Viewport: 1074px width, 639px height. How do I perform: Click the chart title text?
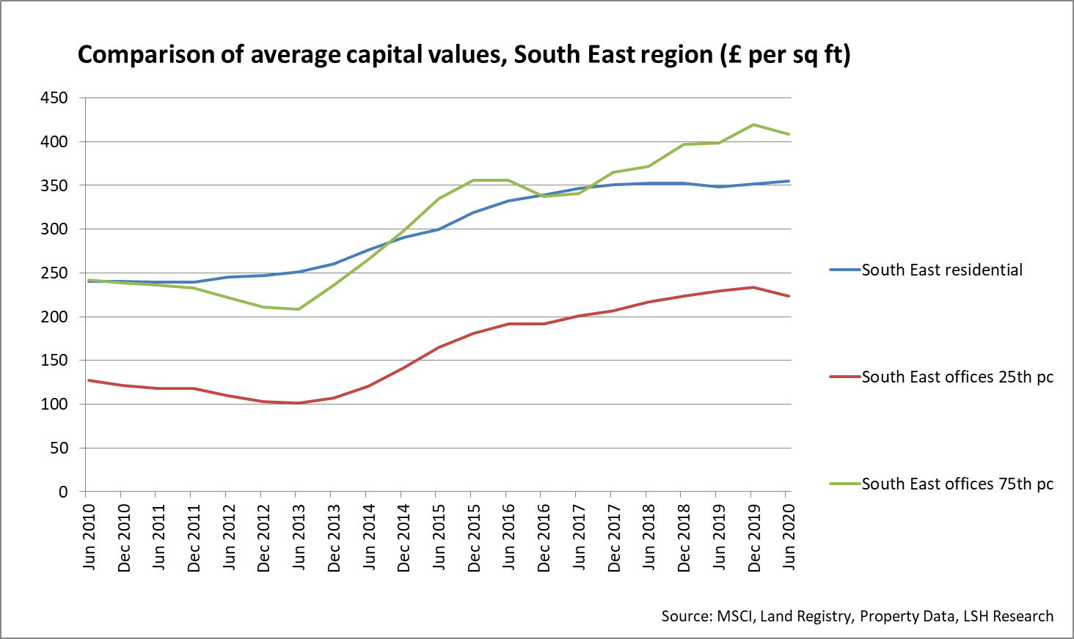[x=464, y=55]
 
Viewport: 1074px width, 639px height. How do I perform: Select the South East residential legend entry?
[x=941, y=270]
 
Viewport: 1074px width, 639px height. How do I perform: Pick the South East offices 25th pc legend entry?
[x=957, y=377]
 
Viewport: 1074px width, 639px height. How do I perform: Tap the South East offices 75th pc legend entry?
[x=957, y=484]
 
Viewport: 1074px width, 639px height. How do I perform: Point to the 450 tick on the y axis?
[x=54, y=98]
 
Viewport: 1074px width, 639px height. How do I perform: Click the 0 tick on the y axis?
[x=63, y=492]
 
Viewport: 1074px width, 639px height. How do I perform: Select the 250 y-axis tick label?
[x=54, y=273]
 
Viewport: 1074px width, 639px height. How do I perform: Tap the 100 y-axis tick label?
[x=54, y=405]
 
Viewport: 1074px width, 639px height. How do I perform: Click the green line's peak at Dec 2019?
[x=753, y=125]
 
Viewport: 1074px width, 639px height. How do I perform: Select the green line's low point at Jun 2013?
[x=299, y=309]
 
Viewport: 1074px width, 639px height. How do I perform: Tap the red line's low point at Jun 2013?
[x=299, y=403]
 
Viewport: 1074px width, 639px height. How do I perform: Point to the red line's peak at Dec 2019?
[x=753, y=287]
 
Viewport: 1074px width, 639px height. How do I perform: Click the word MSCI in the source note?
[x=735, y=616]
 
